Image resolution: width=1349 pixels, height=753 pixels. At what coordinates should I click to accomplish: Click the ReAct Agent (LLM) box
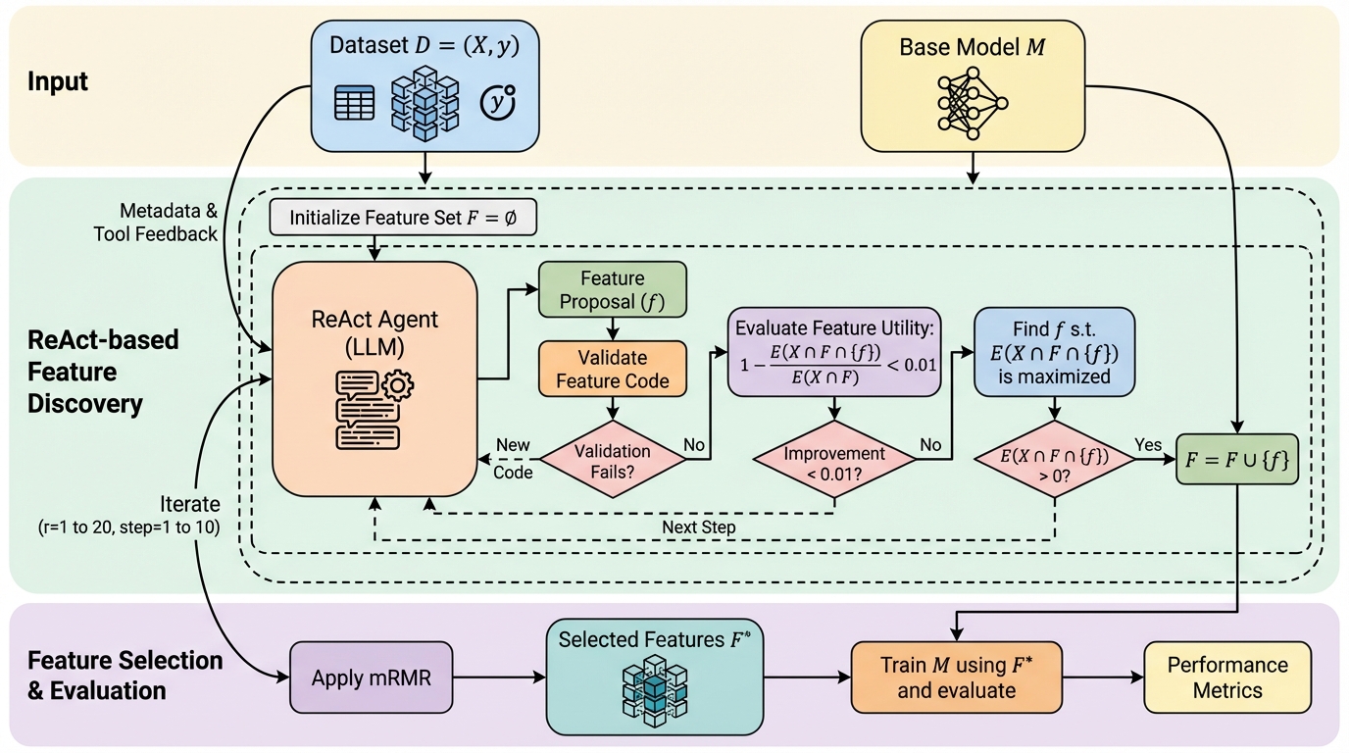pos(375,377)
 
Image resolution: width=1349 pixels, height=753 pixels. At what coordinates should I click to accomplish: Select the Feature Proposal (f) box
pos(613,290)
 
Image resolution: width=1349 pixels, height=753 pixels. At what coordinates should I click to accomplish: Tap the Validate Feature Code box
pos(613,368)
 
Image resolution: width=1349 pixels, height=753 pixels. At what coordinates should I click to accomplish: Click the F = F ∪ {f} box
pos(1237,460)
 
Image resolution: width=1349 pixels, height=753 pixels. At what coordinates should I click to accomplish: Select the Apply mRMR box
pos(372,678)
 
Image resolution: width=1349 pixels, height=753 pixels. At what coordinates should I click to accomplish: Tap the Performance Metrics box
pos(1226,677)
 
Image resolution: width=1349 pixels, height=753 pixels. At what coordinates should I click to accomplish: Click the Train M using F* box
pos(956,677)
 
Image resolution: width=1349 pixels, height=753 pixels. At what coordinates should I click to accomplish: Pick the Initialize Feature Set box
pos(402,218)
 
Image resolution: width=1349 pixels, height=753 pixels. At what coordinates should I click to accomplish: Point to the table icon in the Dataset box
pos(354,103)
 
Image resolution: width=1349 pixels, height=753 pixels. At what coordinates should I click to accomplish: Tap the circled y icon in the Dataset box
pos(498,102)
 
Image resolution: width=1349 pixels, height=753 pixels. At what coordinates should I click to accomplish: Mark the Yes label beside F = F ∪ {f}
pos(1148,444)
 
